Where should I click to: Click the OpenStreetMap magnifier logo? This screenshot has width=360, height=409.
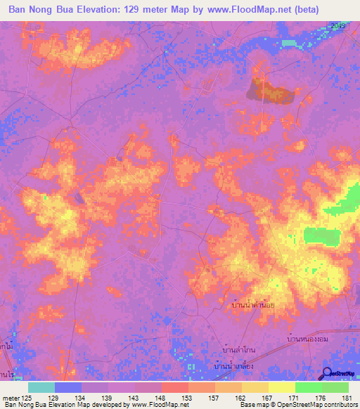(x=326, y=374)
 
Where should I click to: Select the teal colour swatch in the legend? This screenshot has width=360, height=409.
(x=41, y=387)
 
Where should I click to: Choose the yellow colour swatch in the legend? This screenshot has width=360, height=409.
(x=281, y=387)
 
